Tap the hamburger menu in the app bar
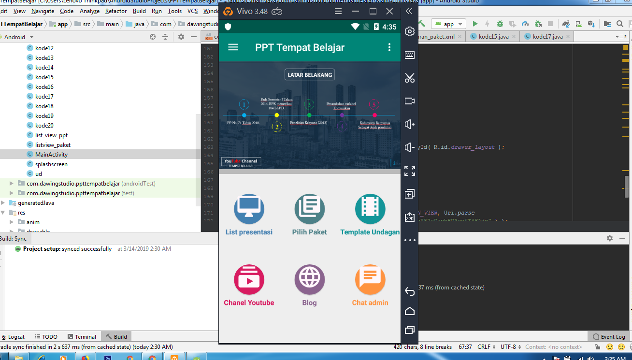pos(233,47)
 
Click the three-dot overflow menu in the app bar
pos(389,47)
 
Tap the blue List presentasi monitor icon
pos(249,209)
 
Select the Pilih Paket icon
pos(309,209)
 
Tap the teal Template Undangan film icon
pos(370,209)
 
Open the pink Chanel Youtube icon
pos(249,280)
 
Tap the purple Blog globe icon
pos(309,280)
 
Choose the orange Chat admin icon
pos(370,280)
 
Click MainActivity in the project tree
pos(51,155)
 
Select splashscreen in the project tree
pos(51,164)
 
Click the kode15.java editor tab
pos(493,37)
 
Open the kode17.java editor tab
pos(547,37)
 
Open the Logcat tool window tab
pos(14,337)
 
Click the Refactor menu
pos(116,11)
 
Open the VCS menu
pos(192,11)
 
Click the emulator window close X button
pos(389,11)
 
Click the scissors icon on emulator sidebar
pos(410,78)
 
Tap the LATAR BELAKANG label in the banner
pos(310,75)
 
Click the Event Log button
pos(609,337)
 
